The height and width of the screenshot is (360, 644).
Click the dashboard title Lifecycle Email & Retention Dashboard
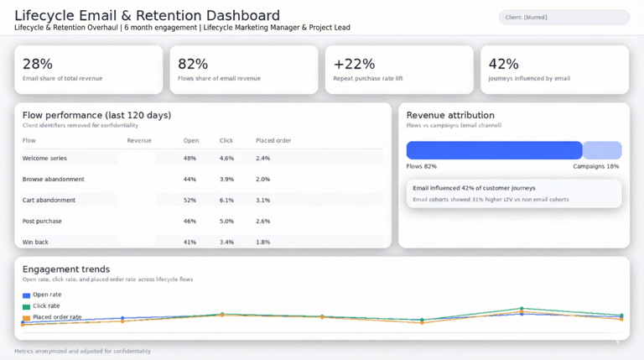(x=147, y=15)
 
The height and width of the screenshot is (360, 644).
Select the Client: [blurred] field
(x=563, y=17)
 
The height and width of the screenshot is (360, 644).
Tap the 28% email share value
(x=37, y=64)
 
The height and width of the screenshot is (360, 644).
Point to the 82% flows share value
(x=192, y=64)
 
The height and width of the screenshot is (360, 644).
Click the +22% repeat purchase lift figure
(x=354, y=64)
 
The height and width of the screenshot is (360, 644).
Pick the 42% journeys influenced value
(x=503, y=64)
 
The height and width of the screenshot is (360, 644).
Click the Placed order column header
(x=273, y=140)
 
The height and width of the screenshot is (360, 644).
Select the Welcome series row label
(x=44, y=158)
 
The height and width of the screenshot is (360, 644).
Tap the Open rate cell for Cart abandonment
(x=190, y=200)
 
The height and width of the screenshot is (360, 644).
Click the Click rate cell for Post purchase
(x=226, y=221)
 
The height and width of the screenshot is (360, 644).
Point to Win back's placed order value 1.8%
(x=262, y=242)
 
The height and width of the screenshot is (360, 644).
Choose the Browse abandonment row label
(x=53, y=179)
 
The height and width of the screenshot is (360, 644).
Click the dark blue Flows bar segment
(x=494, y=150)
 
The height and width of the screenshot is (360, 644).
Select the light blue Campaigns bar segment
(x=602, y=150)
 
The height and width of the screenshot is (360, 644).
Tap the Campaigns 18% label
(x=595, y=166)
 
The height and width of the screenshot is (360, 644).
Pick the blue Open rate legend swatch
(x=27, y=295)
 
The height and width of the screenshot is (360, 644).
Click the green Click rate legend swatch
(x=27, y=307)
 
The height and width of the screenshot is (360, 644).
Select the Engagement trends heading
(x=66, y=269)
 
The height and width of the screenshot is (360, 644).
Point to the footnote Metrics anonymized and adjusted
(x=82, y=351)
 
